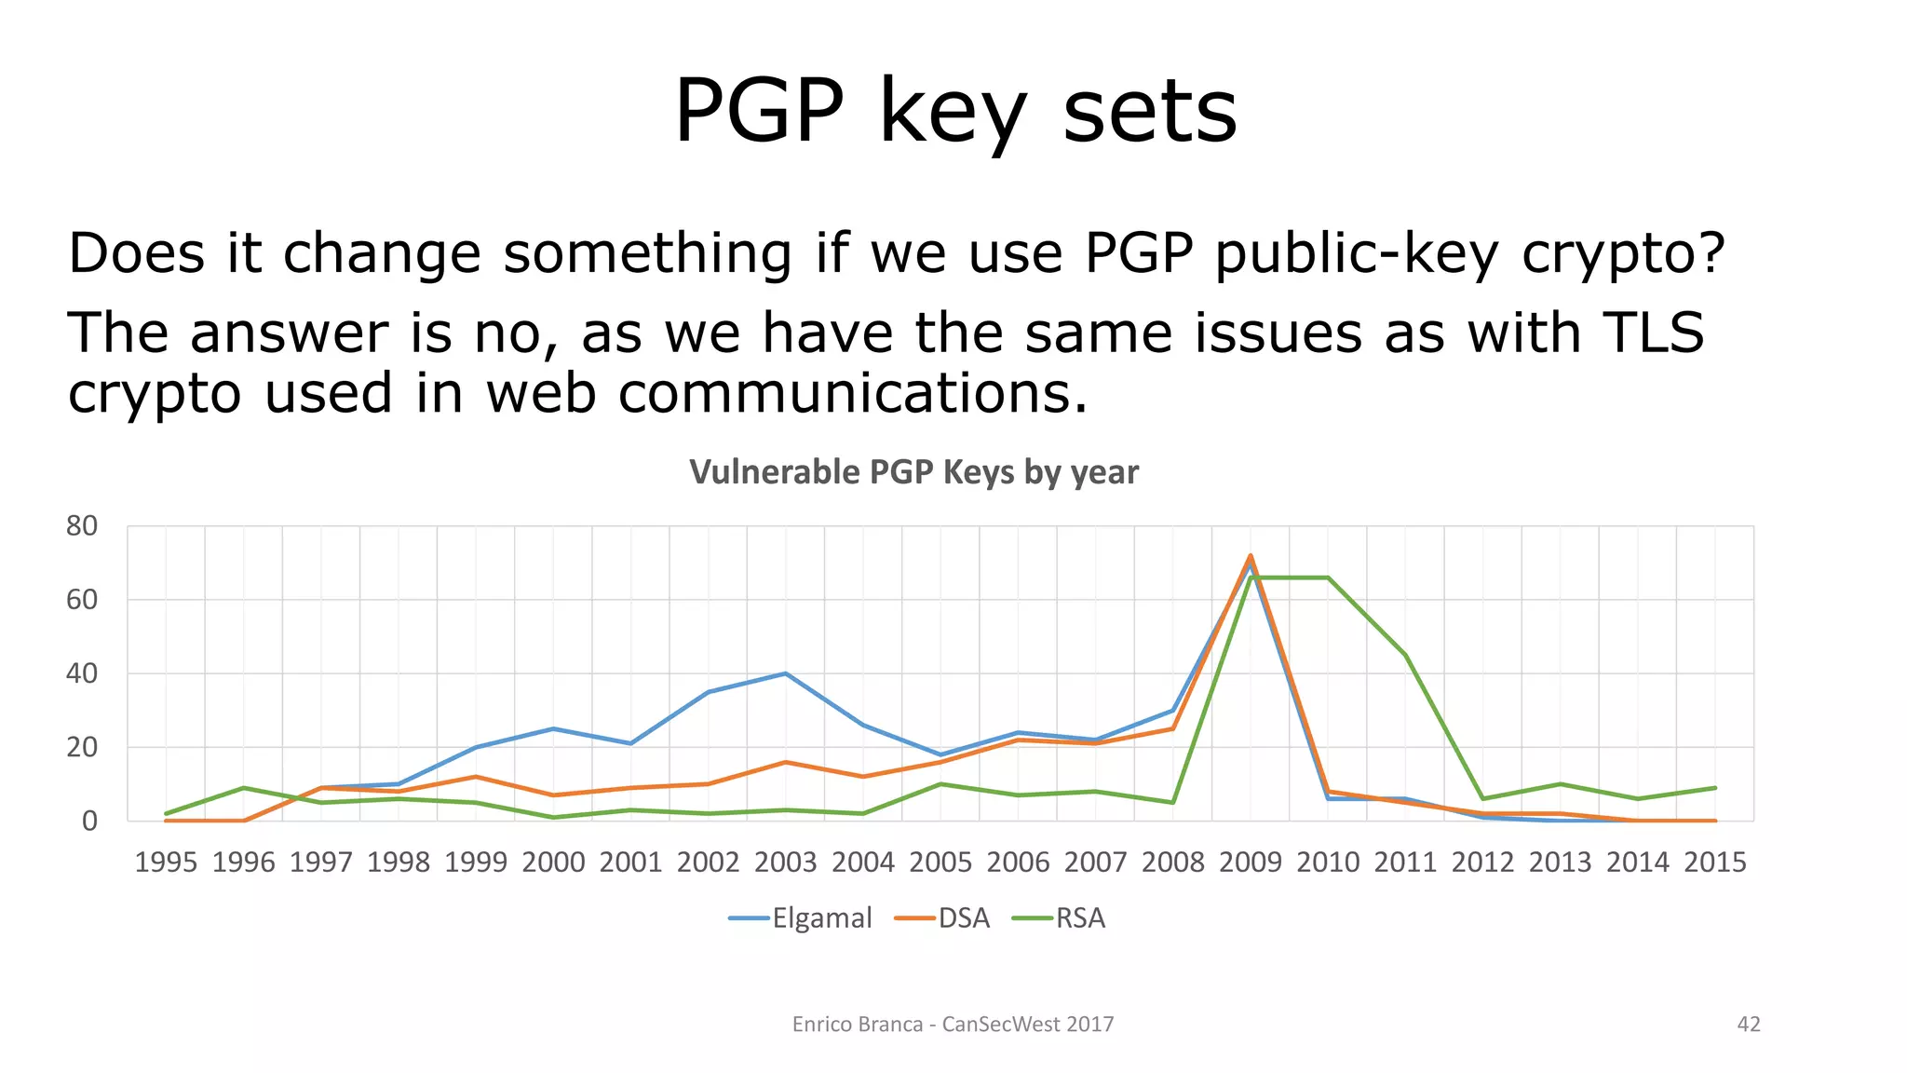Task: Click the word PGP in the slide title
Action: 758,112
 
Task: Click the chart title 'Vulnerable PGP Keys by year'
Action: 913,472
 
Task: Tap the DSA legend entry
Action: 942,918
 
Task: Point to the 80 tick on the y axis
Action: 82,526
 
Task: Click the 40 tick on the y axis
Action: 82,673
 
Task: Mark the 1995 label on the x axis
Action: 166,862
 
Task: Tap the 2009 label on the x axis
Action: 1251,862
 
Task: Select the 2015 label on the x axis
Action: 1715,862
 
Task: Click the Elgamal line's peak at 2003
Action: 786,673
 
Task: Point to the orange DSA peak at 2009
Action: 1251,556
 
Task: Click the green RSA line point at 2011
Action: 1405,655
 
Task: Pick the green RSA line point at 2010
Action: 1328,577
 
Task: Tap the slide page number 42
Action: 1749,1025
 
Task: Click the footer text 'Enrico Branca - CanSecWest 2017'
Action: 953,1025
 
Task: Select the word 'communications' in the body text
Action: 852,393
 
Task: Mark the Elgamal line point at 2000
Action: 553,728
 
